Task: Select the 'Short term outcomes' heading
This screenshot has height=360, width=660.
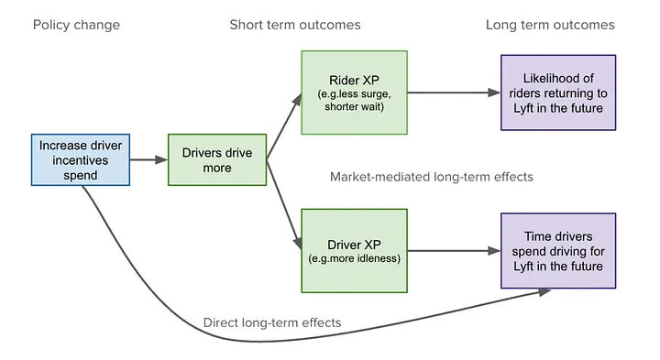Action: point(295,25)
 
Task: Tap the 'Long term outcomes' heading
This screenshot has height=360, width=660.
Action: point(550,25)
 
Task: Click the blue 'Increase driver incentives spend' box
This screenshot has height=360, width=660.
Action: point(80,160)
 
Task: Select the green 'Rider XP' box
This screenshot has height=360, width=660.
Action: point(354,93)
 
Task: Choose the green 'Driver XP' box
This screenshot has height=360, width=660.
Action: point(354,250)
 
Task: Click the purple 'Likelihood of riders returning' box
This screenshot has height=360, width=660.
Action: point(558,93)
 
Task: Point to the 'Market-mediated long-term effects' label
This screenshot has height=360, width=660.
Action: point(431,176)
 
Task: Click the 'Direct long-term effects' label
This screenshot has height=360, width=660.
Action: point(271,322)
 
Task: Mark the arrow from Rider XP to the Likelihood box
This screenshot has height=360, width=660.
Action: point(454,93)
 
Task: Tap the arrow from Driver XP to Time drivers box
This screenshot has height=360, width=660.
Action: point(454,250)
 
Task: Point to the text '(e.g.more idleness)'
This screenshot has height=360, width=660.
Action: point(354,259)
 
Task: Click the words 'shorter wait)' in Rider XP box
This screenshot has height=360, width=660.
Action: point(354,108)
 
